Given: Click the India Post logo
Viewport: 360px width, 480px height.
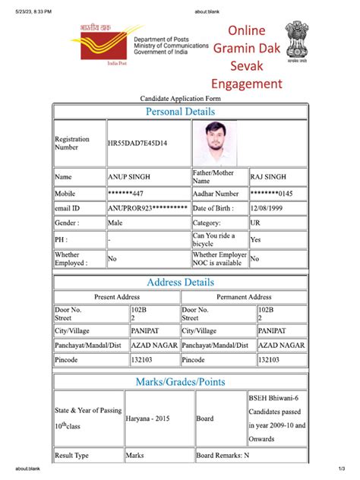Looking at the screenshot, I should (x=98, y=46).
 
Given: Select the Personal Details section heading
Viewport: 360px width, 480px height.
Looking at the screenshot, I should (x=180, y=112).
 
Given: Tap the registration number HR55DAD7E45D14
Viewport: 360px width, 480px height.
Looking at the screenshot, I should (x=137, y=144).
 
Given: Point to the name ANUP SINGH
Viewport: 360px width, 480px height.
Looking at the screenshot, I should (x=129, y=177).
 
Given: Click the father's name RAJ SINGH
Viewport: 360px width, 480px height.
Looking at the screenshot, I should (x=267, y=177).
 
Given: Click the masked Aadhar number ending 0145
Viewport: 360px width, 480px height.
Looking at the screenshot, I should (x=271, y=194).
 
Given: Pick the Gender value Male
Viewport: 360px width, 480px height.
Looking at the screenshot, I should (x=115, y=223).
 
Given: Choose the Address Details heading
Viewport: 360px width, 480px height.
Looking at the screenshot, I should (x=180, y=283).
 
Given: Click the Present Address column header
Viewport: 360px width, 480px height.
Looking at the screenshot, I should (x=116, y=297).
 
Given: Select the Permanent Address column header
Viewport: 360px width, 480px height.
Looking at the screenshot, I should (x=244, y=297).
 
